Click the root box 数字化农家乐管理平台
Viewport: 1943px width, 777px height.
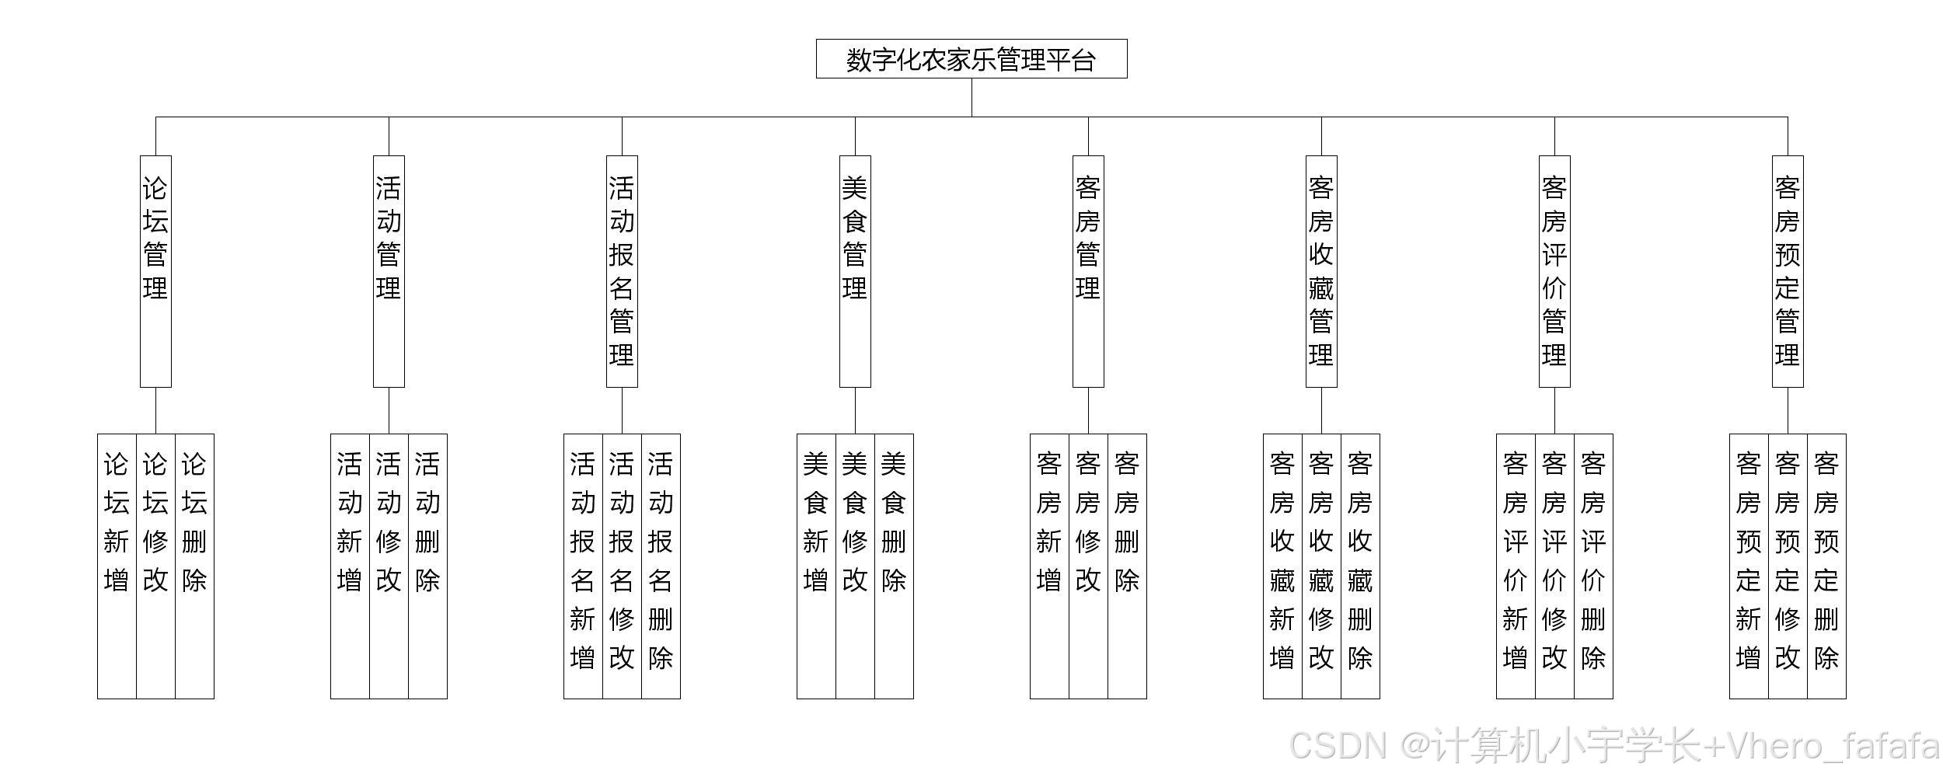(971, 59)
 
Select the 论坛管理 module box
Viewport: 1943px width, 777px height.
(155, 270)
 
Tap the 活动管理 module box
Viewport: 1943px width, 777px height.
(389, 270)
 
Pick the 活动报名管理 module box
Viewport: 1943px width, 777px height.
(622, 270)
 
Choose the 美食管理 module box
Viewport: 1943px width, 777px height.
(855, 270)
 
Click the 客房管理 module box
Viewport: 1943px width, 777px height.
(1088, 270)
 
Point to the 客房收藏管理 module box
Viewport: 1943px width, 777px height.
(1321, 270)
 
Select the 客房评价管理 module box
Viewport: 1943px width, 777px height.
(1554, 270)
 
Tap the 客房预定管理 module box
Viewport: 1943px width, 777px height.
(1788, 270)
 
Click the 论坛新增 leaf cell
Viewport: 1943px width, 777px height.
(117, 566)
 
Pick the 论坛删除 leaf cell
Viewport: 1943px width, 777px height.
(194, 566)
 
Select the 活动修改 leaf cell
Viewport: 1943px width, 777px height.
(389, 566)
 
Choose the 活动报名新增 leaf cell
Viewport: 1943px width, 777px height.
(583, 566)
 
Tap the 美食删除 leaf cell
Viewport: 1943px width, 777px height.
(894, 566)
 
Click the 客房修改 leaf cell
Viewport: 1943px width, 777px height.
(1088, 566)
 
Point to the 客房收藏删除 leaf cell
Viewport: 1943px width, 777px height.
(1360, 566)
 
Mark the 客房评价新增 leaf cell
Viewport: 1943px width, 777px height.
(1516, 566)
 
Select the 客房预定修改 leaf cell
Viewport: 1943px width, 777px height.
(1788, 566)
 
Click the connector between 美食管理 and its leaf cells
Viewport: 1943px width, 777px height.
(855, 410)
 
